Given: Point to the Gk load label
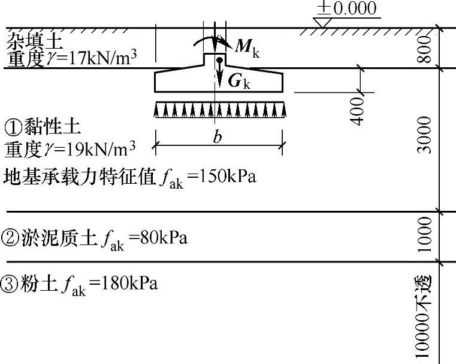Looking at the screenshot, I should coord(238,82).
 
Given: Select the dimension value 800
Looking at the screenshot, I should coord(424,49).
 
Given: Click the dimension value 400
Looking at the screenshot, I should coord(358,109).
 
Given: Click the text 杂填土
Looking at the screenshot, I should coord(28,41).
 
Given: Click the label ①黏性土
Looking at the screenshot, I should coord(43,127).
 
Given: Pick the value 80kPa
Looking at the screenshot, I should coord(163,238).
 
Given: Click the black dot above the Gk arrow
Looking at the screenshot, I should coord(220,61).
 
